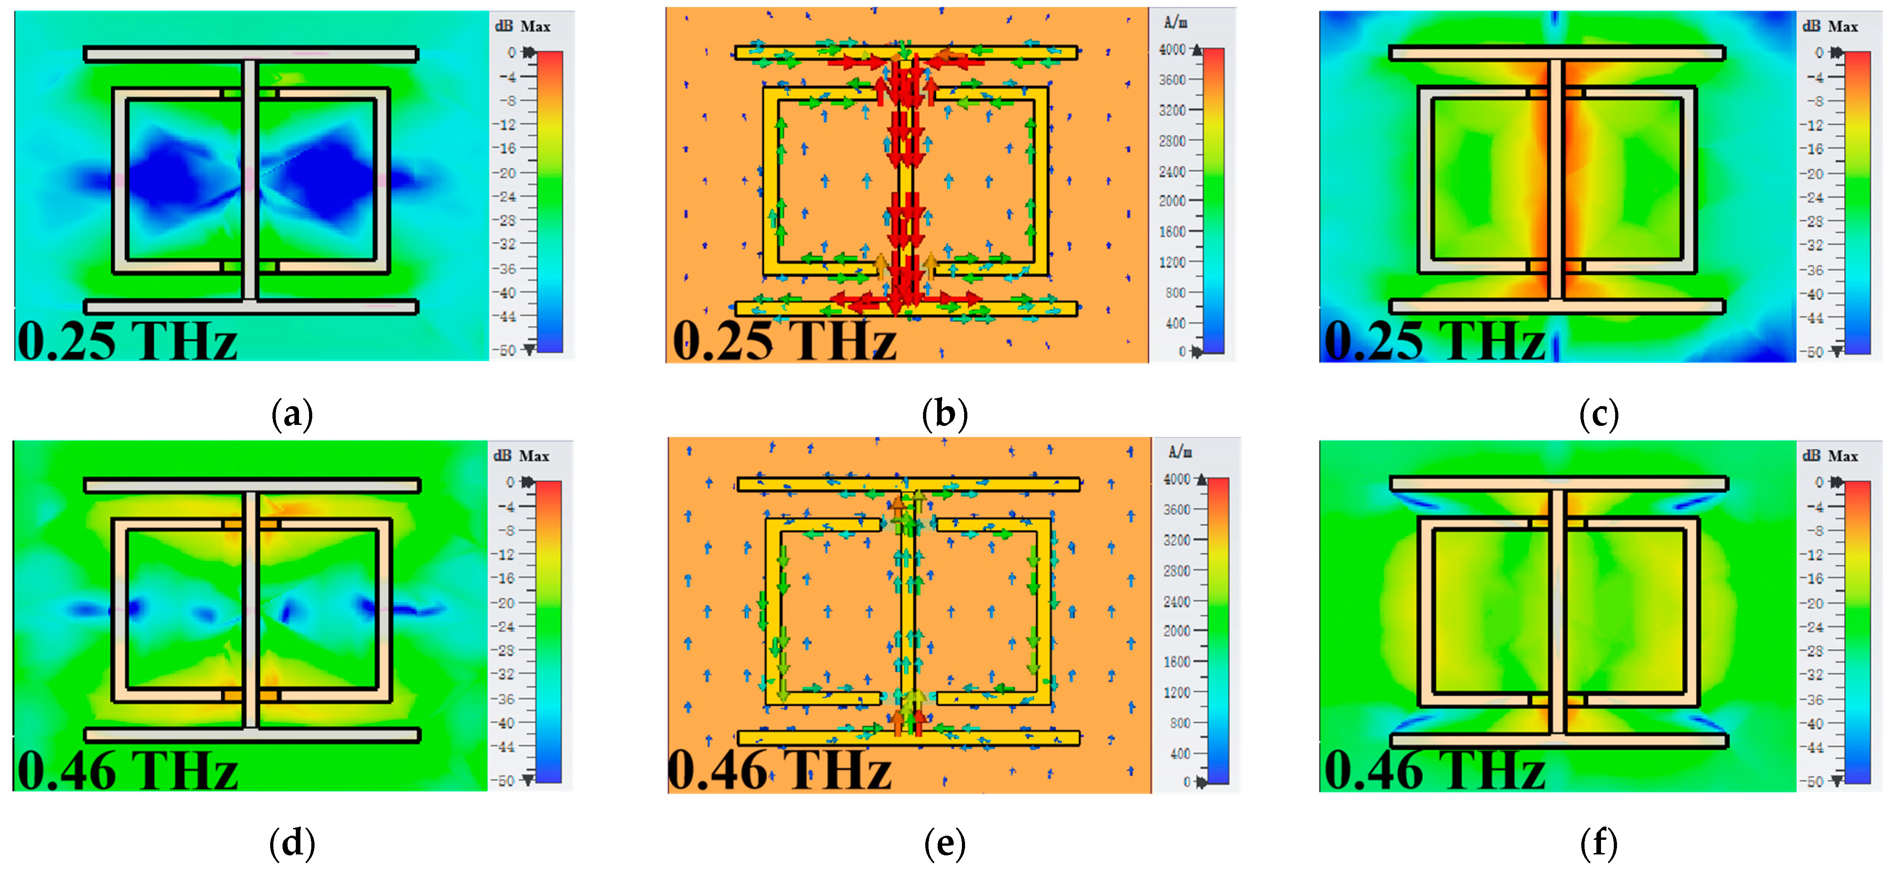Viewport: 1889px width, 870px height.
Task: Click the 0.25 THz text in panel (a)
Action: click(x=127, y=341)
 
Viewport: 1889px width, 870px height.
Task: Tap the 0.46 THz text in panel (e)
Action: click(x=779, y=770)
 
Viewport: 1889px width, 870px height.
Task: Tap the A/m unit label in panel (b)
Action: click(x=1175, y=23)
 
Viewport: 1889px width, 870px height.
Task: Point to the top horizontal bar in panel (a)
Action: click(x=251, y=54)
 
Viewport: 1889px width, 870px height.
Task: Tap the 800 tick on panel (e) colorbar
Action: click(x=1180, y=723)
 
